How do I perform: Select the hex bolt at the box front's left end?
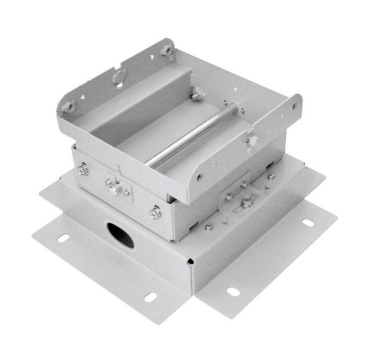tap(84, 170)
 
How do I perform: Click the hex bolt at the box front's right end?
tap(155, 213)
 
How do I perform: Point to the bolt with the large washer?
tap(248, 200)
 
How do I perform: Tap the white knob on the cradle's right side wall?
tap(252, 141)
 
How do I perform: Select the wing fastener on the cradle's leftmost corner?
tap(68, 106)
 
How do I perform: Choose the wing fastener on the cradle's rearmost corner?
tap(167, 49)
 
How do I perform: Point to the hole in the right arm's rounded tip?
tap(294, 106)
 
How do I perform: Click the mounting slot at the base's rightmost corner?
tap(306, 222)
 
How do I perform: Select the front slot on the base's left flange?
tap(151, 298)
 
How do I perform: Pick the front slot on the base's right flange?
tap(233, 291)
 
